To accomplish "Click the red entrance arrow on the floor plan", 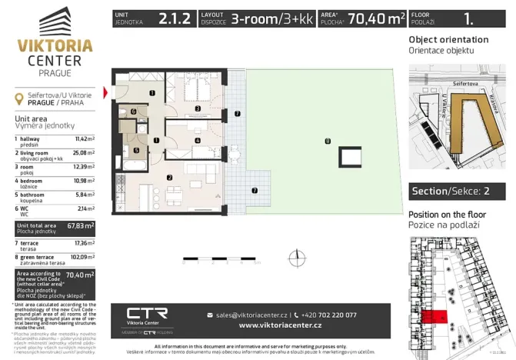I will click(106, 92).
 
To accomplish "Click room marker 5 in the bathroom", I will click(136, 150).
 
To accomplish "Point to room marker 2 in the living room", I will click(169, 178).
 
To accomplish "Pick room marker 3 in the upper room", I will click(198, 110).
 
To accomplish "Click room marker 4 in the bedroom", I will click(198, 141).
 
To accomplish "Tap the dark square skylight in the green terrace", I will click(350, 158).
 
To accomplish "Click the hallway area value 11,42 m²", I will click(84, 139).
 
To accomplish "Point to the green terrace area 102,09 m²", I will click(82, 258).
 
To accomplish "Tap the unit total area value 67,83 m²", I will click(81, 227).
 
